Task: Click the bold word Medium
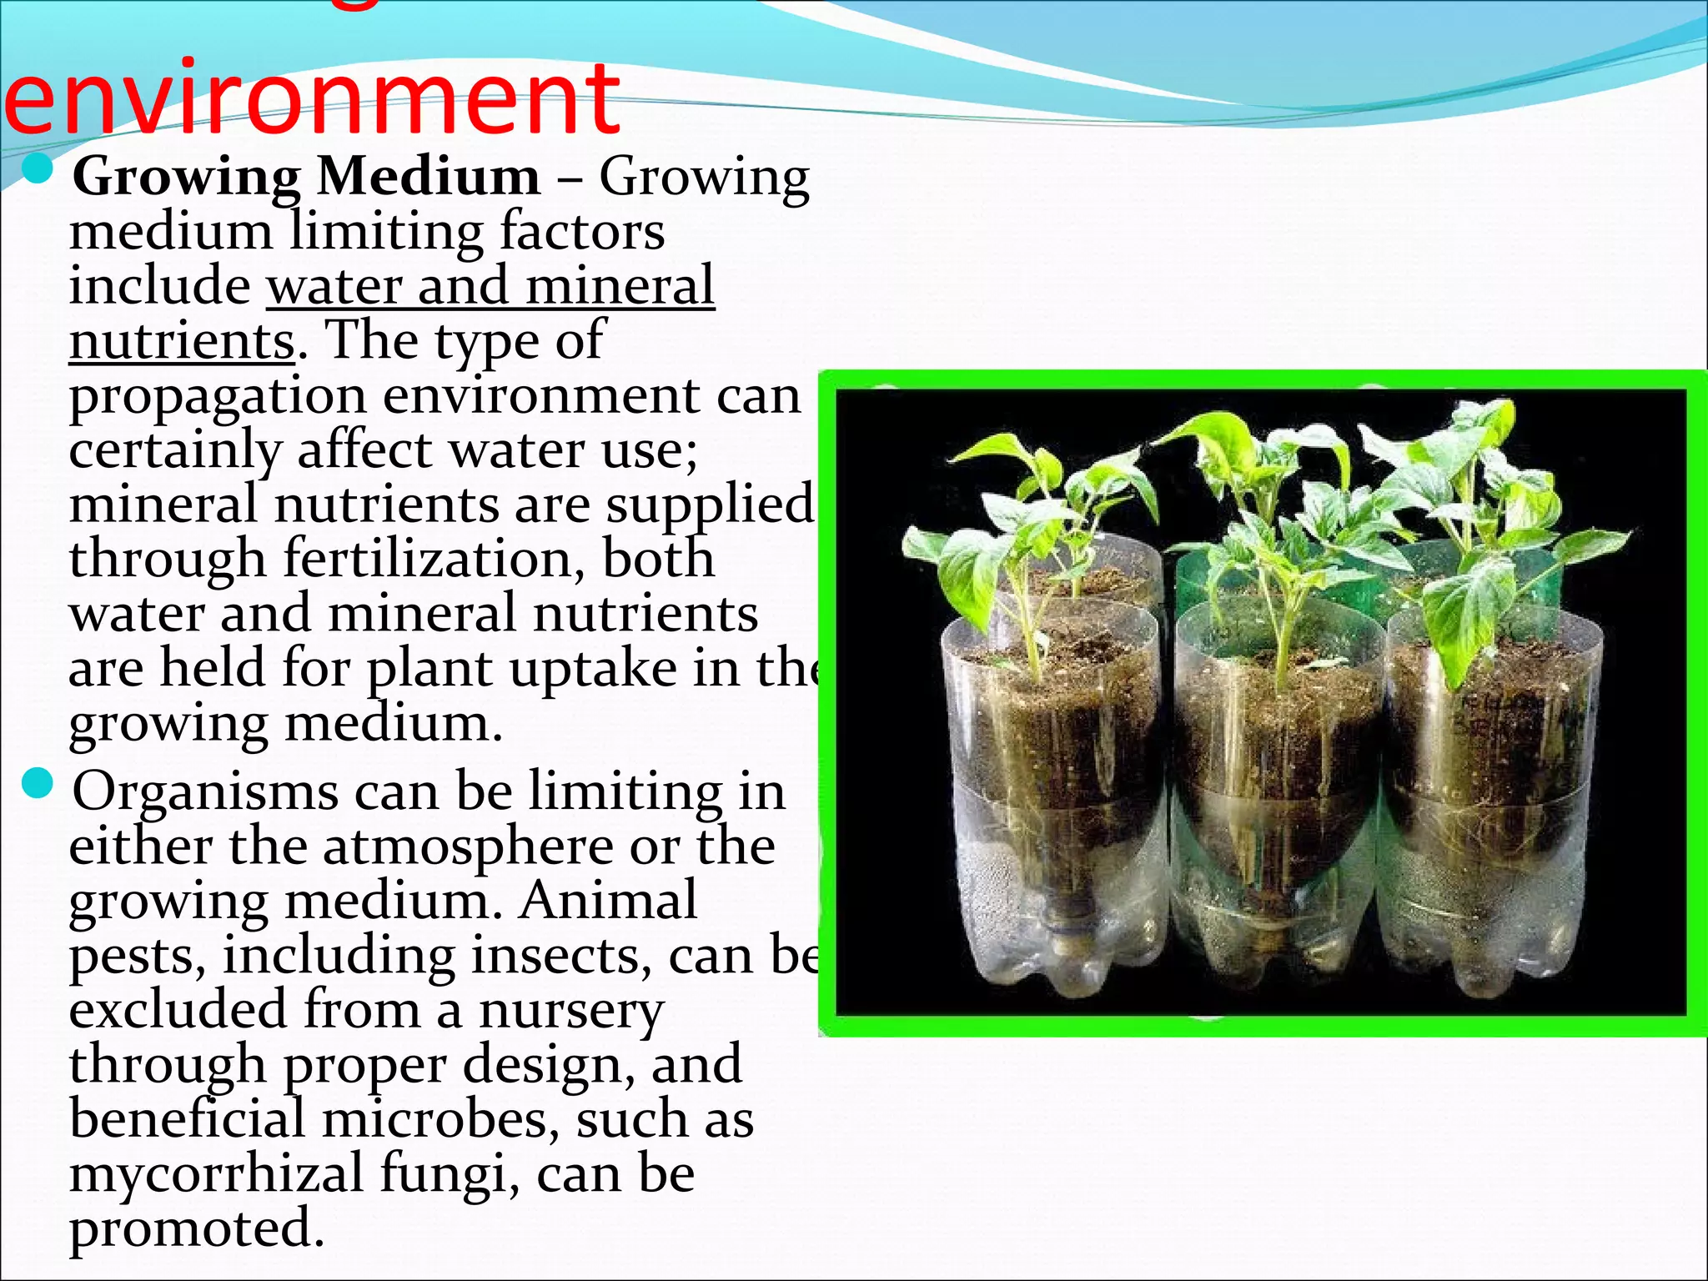click(429, 177)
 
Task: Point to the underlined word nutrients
click(182, 341)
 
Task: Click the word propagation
click(218, 398)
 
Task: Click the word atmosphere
click(468, 846)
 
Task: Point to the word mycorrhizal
click(216, 1173)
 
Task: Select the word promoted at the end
click(196, 1228)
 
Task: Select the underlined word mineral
click(620, 286)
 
